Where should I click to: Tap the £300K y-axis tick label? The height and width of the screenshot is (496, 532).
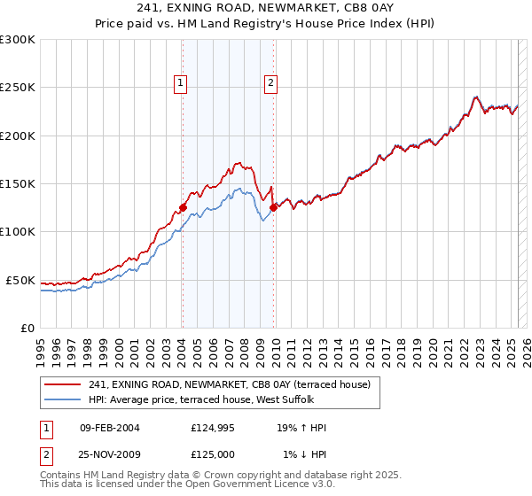[x=17, y=40]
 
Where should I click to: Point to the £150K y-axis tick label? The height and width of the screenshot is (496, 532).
[x=17, y=183]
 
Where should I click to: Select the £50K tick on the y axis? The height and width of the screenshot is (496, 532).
[x=20, y=280]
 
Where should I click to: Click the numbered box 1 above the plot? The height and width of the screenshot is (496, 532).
[x=181, y=84]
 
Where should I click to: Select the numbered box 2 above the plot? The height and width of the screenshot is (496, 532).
[x=270, y=84]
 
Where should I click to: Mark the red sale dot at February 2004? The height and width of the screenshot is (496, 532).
[x=183, y=207]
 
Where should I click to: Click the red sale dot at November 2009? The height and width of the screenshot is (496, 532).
[x=273, y=207]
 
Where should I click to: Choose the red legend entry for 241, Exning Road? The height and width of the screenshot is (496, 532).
[x=234, y=384]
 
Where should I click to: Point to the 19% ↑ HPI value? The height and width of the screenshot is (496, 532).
[x=301, y=428]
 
